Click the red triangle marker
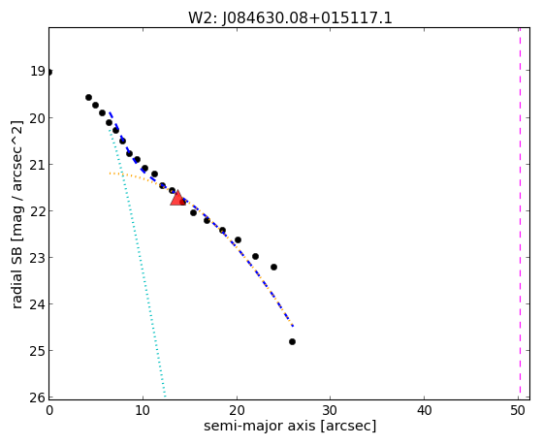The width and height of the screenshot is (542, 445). tap(177, 198)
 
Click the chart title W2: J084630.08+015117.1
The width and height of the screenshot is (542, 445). tap(290, 18)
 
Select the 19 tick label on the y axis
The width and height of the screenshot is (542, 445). tap(38, 71)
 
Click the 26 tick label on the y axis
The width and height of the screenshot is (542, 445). tap(38, 397)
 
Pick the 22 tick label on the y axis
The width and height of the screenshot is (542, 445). tap(38, 211)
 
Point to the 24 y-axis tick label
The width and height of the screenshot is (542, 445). tap(38, 304)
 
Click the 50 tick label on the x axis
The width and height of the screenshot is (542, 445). tap(518, 410)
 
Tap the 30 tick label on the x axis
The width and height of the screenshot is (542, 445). tap(331, 410)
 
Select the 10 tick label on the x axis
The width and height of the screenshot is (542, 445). tap(143, 410)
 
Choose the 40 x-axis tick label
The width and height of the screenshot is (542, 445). tap(424, 410)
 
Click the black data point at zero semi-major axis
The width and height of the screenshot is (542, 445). tap(49, 72)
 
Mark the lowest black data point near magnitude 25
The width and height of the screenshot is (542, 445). tap(292, 341)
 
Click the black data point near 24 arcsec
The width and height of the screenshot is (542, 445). tap(273, 267)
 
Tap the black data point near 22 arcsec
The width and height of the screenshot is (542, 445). tap(255, 256)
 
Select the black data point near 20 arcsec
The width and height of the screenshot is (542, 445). tap(238, 239)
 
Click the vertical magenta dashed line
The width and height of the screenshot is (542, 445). tap(520, 213)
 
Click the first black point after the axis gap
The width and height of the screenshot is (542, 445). tap(88, 97)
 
